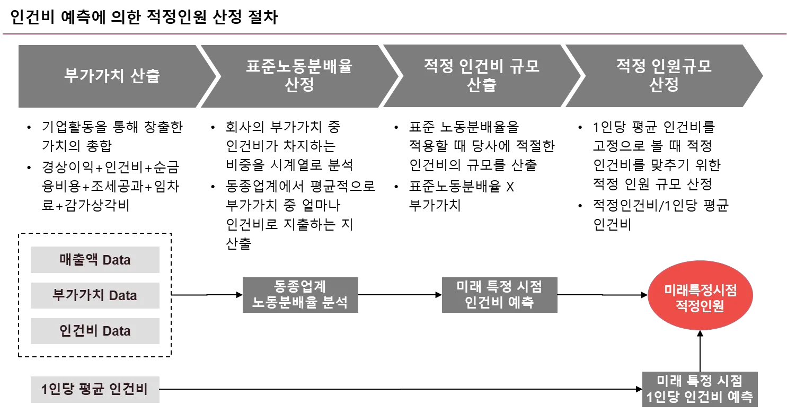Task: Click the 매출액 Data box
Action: tap(95, 260)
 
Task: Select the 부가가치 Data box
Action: tap(95, 295)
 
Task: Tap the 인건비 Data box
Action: tap(95, 331)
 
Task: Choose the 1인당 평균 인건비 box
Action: tap(95, 389)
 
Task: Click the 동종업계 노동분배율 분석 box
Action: tap(300, 295)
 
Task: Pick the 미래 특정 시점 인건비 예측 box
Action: tap(500, 295)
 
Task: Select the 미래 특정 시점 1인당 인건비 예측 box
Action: tap(699, 388)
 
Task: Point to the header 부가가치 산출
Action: tap(112, 76)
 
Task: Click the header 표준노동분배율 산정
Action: tap(299, 76)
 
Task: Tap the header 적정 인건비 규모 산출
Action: tap(481, 76)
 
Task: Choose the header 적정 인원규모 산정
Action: tap(664, 76)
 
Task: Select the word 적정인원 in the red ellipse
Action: tap(700, 306)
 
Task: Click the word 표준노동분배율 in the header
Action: tap(299, 67)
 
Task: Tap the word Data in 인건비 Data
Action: tap(116, 331)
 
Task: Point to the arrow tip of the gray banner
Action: tap(761, 76)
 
